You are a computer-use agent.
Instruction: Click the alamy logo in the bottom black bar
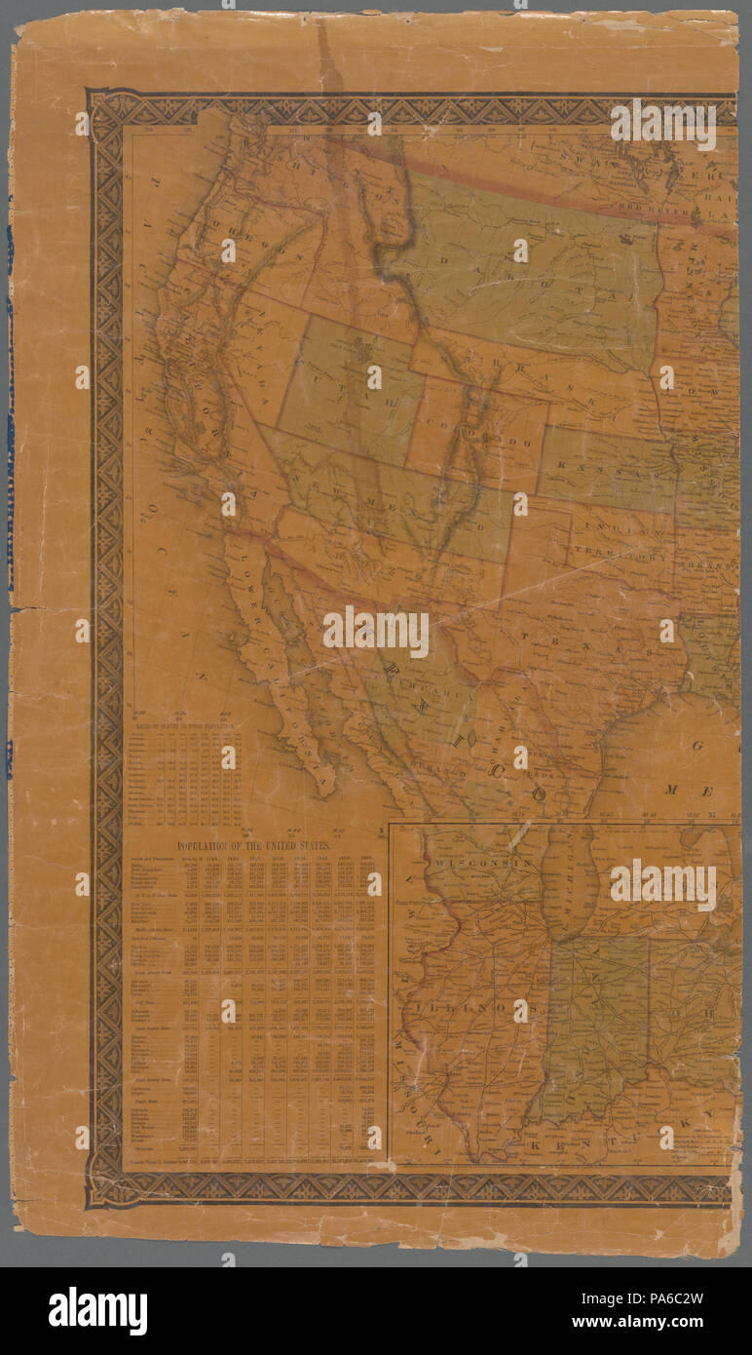click(97, 1311)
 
